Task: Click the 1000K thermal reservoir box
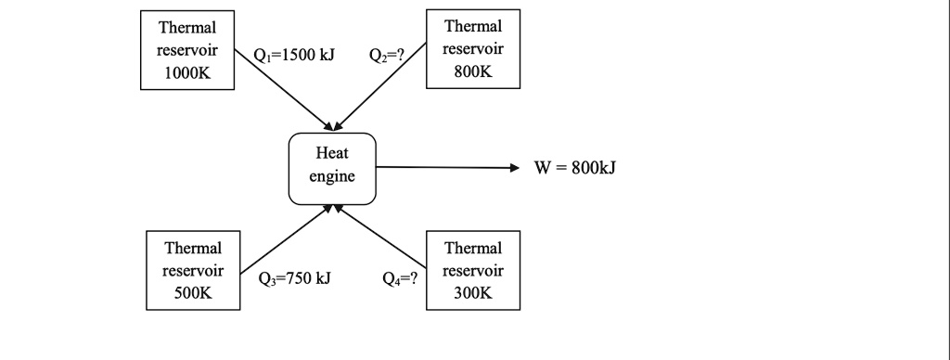188,51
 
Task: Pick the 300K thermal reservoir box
472,270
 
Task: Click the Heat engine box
332,167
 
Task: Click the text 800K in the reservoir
472,71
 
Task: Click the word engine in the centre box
332,177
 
